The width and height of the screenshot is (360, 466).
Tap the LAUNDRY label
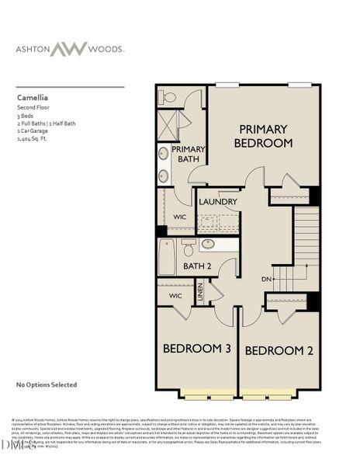[x=217, y=202]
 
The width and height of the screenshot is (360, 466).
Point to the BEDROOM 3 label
[x=197, y=349]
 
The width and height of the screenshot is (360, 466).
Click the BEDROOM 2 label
[x=279, y=350]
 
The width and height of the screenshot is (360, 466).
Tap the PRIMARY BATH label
[x=188, y=154]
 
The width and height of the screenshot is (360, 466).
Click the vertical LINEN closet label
[x=199, y=293]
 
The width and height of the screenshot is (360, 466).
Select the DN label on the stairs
[x=266, y=279]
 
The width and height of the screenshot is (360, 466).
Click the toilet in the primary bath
[x=171, y=98]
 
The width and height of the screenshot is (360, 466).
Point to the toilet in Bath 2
[x=188, y=248]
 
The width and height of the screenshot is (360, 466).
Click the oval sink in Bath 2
[x=208, y=245]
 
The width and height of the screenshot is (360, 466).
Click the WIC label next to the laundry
[x=180, y=217]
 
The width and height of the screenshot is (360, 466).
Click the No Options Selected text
[x=47, y=384]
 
